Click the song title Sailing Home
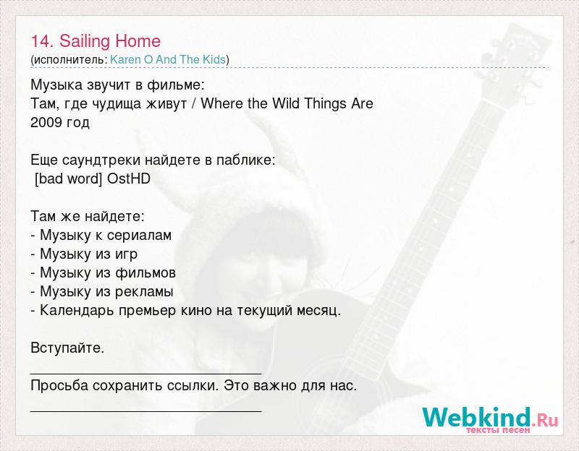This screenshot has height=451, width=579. coord(110,41)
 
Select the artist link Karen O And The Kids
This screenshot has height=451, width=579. coord(168,59)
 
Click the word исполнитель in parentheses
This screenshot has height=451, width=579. coord(69,60)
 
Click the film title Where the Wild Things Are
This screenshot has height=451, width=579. coord(287,103)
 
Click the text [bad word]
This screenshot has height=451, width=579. coord(68,179)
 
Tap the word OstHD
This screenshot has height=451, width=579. coord(129,179)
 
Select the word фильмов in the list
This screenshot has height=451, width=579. coord(145,273)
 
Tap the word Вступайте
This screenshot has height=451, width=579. coord(67,348)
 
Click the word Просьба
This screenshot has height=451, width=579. coord(59,386)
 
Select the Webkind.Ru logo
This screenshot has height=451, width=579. coord(491,418)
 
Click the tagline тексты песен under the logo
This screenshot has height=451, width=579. coord(498,430)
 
